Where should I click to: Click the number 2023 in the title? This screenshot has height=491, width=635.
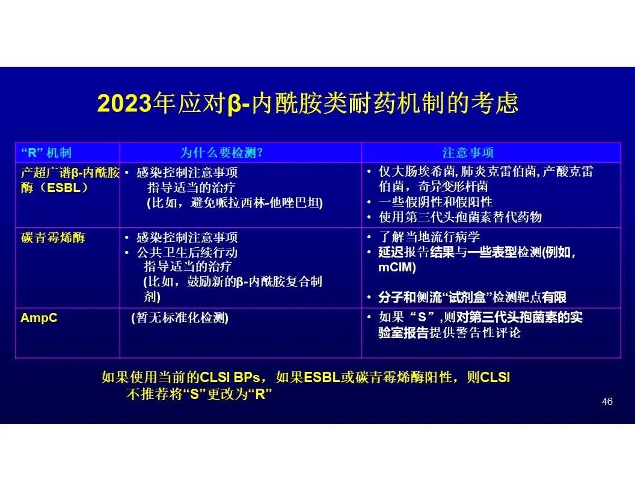click(124, 103)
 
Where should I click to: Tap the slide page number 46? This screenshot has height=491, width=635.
click(607, 401)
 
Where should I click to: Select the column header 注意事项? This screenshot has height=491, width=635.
click(468, 153)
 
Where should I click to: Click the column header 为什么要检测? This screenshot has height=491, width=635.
click(221, 153)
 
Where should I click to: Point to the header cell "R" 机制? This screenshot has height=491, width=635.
click(46, 153)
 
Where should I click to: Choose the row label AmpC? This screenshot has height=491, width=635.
click(39, 318)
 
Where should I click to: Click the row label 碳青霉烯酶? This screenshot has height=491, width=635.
click(53, 238)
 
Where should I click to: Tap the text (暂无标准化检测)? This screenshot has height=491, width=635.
click(180, 318)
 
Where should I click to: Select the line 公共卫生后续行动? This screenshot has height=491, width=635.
click(186, 252)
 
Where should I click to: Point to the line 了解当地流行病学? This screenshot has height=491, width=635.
click(429, 236)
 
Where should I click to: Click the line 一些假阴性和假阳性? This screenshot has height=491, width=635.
click(435, 202)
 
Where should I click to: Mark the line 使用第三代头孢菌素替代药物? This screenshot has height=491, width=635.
click(460, 217)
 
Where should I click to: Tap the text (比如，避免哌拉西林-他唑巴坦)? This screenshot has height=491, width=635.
click(235, 203)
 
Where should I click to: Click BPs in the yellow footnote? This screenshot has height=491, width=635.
click(247, 377)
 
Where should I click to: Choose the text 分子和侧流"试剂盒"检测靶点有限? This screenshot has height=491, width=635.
click(472, 298)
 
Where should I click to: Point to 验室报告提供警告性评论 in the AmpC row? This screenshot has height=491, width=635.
click(450, 333)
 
